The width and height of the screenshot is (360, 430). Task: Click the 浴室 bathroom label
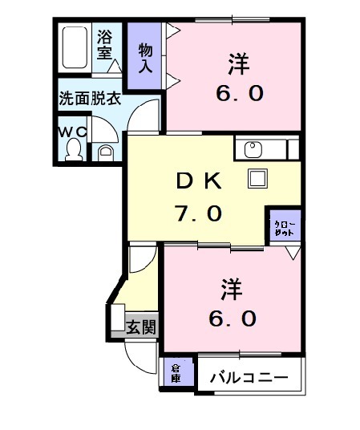[x=106, y=45]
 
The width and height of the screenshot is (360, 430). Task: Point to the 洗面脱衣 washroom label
[x=89, y=99]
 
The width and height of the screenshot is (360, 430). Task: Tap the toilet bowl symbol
[x=73, y=148]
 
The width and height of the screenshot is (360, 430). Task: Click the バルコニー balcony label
[x=249, y=376]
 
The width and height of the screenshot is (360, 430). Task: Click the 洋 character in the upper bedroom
[x=237, y=61]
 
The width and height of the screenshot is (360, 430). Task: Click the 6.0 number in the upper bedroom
[x=237, y=93]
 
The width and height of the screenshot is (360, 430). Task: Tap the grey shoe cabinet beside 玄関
[x=117, y=321]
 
